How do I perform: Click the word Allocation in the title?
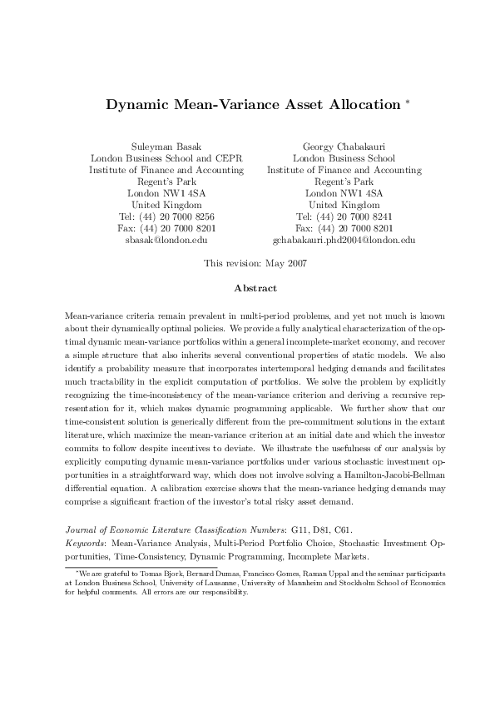(x=359, y=105)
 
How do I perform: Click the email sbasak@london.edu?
(x=166, y=240)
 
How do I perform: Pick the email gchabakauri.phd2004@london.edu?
(x=344, y=240)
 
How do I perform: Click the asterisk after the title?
(x=407, y=102)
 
